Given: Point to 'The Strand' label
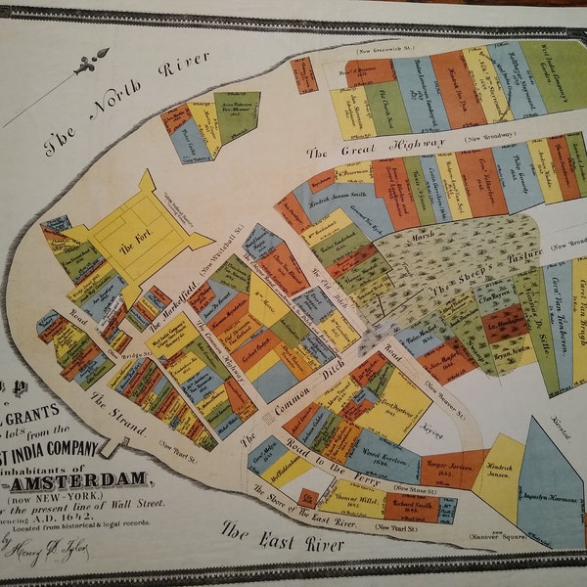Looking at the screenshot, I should click(118, 415).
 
